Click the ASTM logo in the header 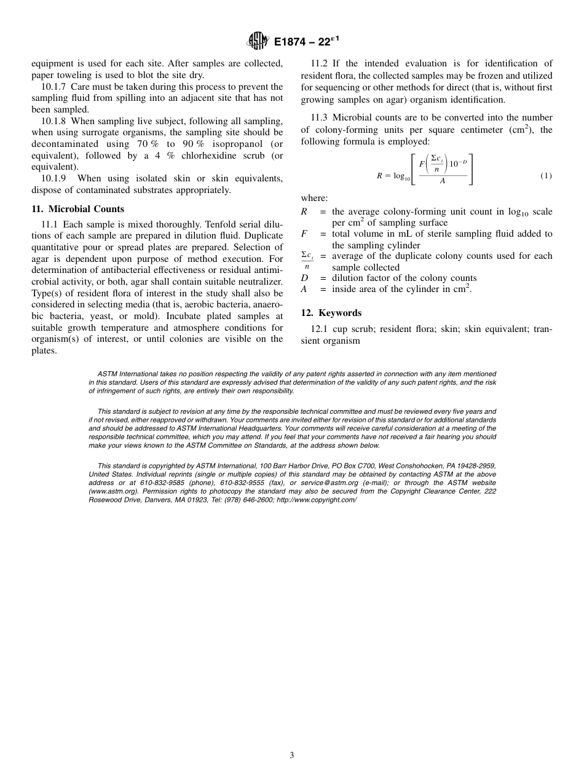[x=258, y=42]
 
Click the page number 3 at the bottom [x=291, y=756]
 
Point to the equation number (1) [x=546, y=176]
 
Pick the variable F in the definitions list [x=304, y=234]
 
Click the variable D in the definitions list [x=304, y=278]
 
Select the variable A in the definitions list [x=304, y=289]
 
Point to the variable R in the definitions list [x=304, y=211]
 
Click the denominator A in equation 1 [x=443, y=181]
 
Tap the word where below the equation [x=314, y=198]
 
